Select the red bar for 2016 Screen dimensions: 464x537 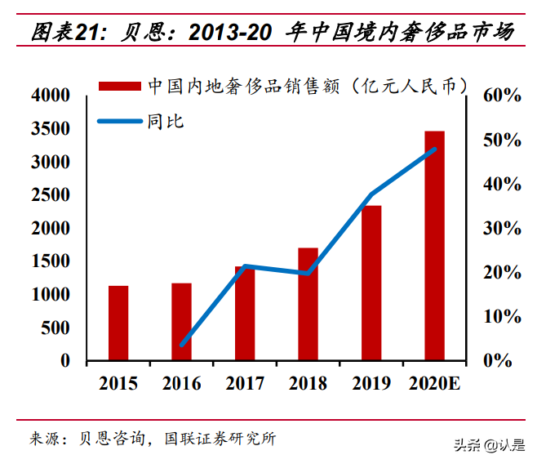pyautogui.click(x=181, y=322)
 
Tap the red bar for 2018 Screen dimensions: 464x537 pyautogui.click(x=308, y=304)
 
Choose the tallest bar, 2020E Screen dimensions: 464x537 pyautogui.click(x=434, y=245)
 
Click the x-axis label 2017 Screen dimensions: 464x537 pyautogui.click(x=245, y=383)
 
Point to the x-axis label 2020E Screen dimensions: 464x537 pyautogui.click(x=434, y=383)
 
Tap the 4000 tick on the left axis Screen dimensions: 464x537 pyautogui.click(x=51, y=96)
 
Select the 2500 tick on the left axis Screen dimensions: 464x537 pyautogui.click(x=51, y=195)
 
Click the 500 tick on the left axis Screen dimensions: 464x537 pyautogui.click(x=57, y=328)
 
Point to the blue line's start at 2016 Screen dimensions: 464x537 pyautogui.click(x=181, y=345)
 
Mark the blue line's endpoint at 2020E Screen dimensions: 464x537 pyautogui.click(x=435, y=149)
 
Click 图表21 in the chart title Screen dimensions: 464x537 pyautogui.click(x=64, y=33)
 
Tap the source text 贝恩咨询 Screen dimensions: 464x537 pyautogui.click(x=112, y=439)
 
